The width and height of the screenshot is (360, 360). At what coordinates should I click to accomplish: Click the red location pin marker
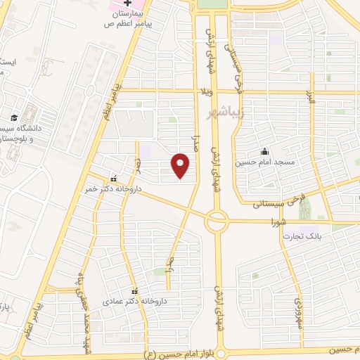(x=182, y=167)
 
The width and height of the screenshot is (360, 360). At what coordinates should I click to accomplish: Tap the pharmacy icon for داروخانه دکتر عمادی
(x=134, y=290)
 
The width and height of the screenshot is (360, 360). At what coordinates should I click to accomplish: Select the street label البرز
(x=311, y=105)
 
